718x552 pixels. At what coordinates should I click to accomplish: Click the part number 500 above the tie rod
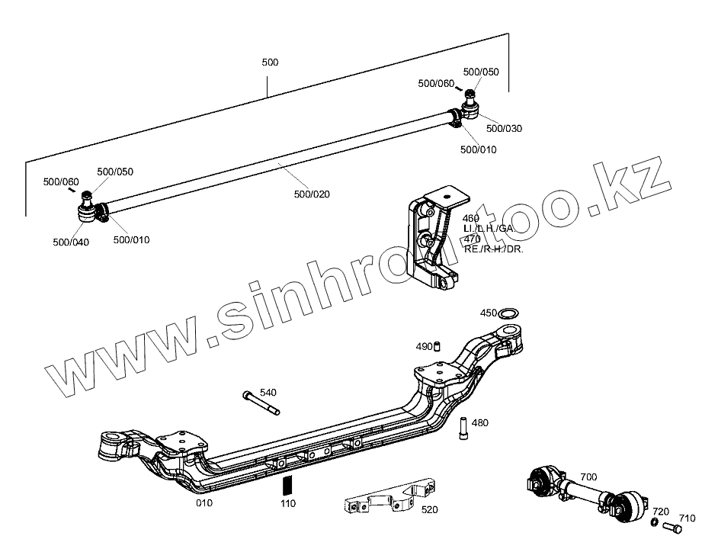269,62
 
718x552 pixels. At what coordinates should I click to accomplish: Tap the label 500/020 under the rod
311,194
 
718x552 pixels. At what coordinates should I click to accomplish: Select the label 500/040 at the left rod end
70,242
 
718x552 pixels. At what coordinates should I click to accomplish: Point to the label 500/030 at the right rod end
504,128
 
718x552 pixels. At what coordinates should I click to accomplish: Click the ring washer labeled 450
510,312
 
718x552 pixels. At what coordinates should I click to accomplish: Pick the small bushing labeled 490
438,347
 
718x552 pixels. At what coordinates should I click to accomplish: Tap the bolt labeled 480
463,429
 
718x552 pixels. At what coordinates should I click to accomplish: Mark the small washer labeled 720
655,523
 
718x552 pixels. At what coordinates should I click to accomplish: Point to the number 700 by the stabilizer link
588,477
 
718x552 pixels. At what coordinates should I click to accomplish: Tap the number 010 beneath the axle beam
204,502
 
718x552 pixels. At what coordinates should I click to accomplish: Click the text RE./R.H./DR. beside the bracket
493,249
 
